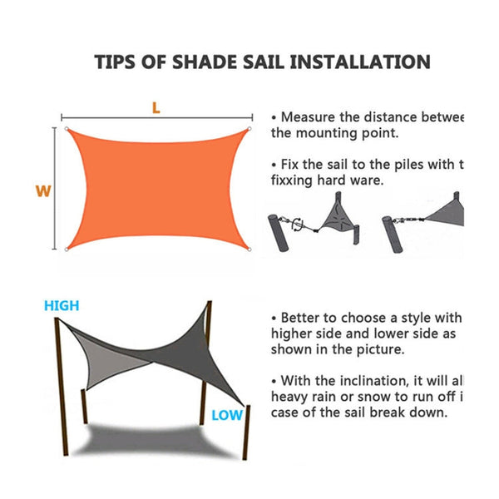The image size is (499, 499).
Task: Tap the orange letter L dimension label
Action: [156, 107]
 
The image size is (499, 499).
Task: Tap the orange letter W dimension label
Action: [43, 190]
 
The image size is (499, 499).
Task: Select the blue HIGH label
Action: [62, 305]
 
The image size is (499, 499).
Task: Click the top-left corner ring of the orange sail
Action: [67, 130]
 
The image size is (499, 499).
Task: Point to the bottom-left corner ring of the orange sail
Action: [67, 248]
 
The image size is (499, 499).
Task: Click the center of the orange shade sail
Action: [157, 189]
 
